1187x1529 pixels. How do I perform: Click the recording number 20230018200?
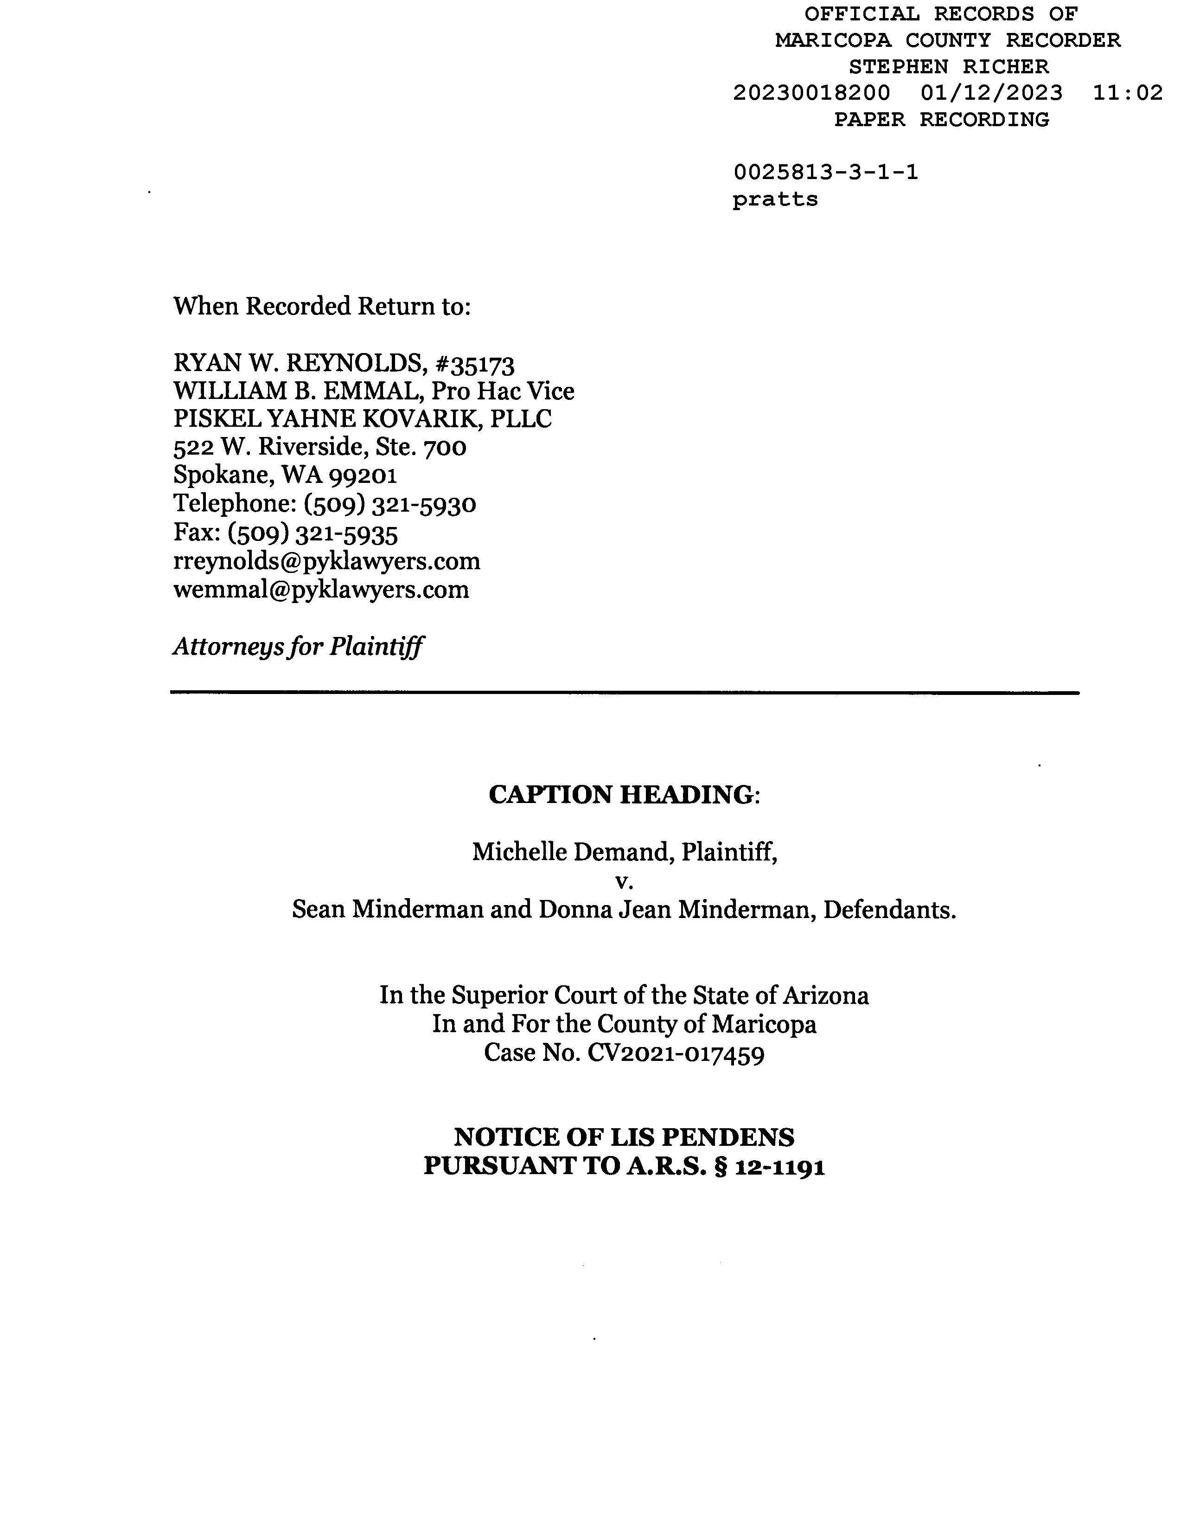tap(811, 93)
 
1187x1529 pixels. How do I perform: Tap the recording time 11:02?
tap(1128, 93)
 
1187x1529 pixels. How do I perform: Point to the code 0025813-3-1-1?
tap(825, 172)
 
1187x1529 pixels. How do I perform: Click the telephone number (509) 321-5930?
tap(390, 504)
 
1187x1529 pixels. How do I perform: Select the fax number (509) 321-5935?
tap(313, 533)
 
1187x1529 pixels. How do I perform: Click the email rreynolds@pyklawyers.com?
tap(327, 561)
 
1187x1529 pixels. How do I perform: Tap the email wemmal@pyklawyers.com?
tap(321, 590)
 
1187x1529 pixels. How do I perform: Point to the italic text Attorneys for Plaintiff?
tap(298, 646)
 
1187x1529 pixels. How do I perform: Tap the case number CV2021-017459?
tap(676, 1053)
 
